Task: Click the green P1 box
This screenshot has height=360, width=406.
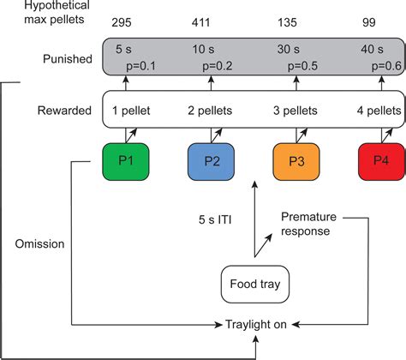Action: tap(126, 162)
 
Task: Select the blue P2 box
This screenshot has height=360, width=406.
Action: tap(211, 162)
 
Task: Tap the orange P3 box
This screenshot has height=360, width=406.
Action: tap(296, 162)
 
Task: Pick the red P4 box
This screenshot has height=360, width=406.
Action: tap(382, 162)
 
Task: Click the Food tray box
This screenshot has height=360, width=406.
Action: tap(255, 285)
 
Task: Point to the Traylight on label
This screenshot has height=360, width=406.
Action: tap(256, 325)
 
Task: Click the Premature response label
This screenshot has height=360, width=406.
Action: tap(308, 224)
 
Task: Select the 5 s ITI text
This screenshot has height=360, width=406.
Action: tap(215, 219)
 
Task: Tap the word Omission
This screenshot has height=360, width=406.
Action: tap(39, 244)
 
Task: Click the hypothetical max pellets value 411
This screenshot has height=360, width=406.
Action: tap(200, 22)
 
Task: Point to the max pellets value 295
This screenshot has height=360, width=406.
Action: tap(122, 22)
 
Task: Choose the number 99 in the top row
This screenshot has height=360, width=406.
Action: tap(369, 22)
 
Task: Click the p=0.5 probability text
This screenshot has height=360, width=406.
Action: tap(302, 66)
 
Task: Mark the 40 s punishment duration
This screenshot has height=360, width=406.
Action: tap(372, 49)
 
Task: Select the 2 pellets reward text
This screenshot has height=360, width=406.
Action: tap(210, 111)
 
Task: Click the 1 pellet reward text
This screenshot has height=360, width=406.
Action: tap(131, 111)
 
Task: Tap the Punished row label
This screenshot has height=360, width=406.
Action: tap(68, 59)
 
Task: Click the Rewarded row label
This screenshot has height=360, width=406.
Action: tap(64, 111)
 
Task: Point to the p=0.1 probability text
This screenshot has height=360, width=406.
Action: tap(141, 66)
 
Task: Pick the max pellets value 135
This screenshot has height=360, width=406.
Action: tap(287, 22)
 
